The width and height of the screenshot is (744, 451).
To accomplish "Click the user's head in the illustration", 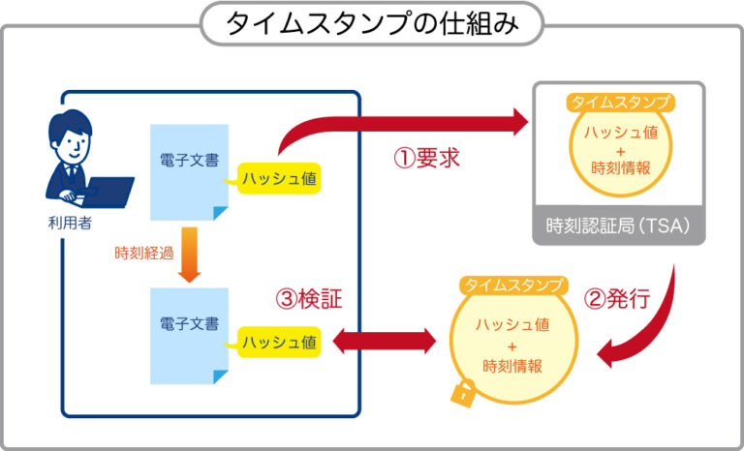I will pyautogui.click(x=70, y=138).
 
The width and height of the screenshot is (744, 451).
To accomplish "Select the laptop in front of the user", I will pyautogui.click(x=108, y=193).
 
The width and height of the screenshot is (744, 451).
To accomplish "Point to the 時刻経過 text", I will pyautogui.click(x=143, y=255).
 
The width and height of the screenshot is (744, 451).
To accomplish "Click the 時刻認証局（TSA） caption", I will pyautogui.click(x=618, y=227).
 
